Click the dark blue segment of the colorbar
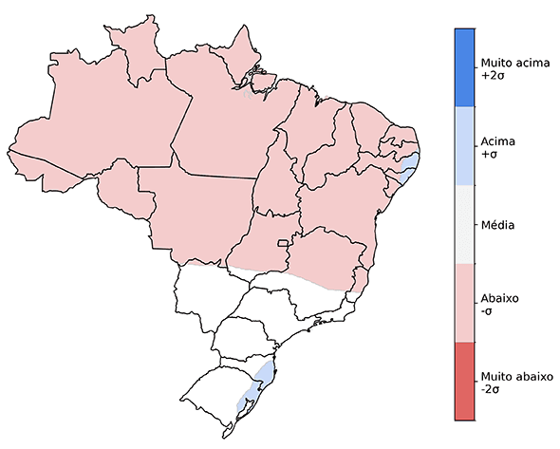(465, 66)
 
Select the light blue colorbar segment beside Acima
(465, 145)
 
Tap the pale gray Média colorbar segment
(465, 224)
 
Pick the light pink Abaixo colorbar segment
(465, 303)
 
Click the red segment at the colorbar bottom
(465, 381)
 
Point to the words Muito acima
(513, 61)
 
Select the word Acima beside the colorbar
(498, 140)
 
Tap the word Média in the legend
(498, 225)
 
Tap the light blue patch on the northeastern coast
(409, 168)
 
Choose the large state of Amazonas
(104, 123)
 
